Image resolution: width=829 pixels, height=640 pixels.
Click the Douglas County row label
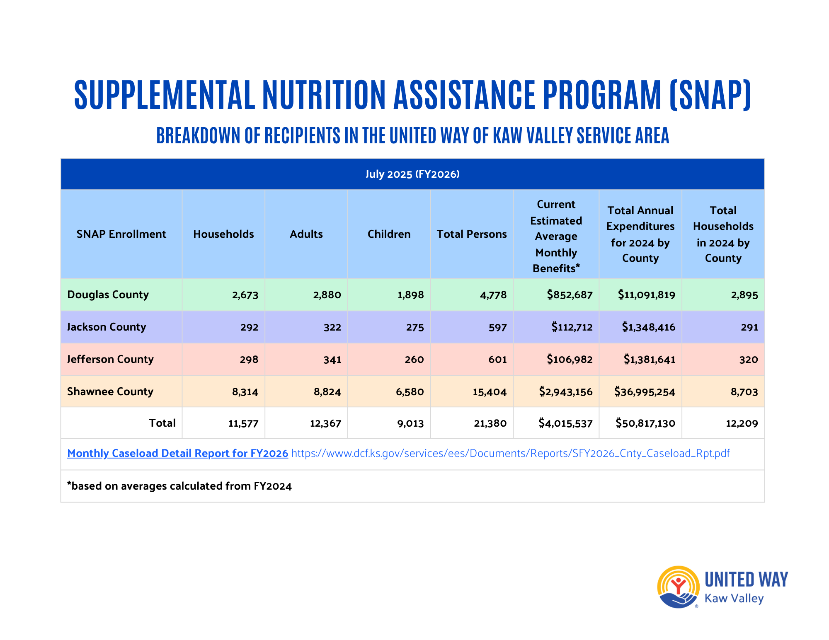(x=108, y=295)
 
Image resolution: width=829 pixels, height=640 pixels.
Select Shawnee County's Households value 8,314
(x=245, y=392)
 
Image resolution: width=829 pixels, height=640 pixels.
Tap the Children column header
(x=389, y=234)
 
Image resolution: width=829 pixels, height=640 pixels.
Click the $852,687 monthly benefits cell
(x=570, y=295)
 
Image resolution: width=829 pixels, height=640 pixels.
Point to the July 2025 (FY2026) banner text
(x=412, y=174)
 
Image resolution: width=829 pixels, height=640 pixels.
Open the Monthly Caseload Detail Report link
(x=177, y=453)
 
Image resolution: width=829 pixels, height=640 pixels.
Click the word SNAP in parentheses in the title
(x=710, y=95)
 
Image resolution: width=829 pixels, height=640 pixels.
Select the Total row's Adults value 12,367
(x=325, y=423)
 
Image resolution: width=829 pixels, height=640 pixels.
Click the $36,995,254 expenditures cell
(x=645, y=392)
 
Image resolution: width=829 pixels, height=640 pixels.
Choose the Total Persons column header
(x=472, y=234)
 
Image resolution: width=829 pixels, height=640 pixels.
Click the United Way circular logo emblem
(x=678, y=587)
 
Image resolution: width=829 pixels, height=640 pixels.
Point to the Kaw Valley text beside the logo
(x=734, y=599)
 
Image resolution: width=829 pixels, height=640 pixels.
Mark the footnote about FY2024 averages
(x=179, y=486)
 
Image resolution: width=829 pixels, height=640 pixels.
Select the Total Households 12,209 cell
(x=742, y=423)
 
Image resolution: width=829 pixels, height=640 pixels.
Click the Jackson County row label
(x=107, y=327)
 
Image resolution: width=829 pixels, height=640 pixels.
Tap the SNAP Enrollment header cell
(x=121, y=234)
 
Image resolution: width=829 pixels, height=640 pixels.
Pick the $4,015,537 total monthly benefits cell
(x=565, y=423)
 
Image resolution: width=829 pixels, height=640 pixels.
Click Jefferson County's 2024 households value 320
(x=748, y=360)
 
